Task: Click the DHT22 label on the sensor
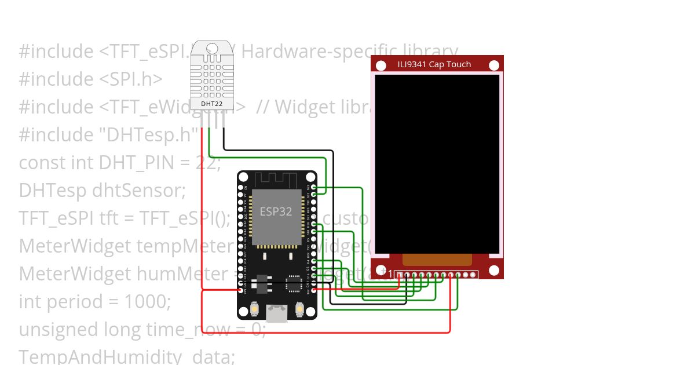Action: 211,104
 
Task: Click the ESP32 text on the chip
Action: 276,211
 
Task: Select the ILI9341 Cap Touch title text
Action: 434,64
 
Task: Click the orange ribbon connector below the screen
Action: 437,260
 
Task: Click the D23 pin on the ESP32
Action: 313,187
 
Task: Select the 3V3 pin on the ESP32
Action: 313,290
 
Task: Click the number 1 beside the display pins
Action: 390,274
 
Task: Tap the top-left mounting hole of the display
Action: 381,65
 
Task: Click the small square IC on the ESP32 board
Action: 295,284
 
